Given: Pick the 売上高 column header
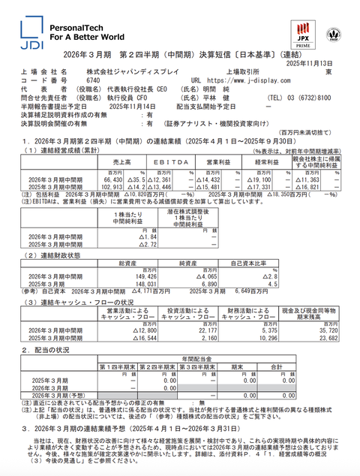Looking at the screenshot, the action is coord(115,161).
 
